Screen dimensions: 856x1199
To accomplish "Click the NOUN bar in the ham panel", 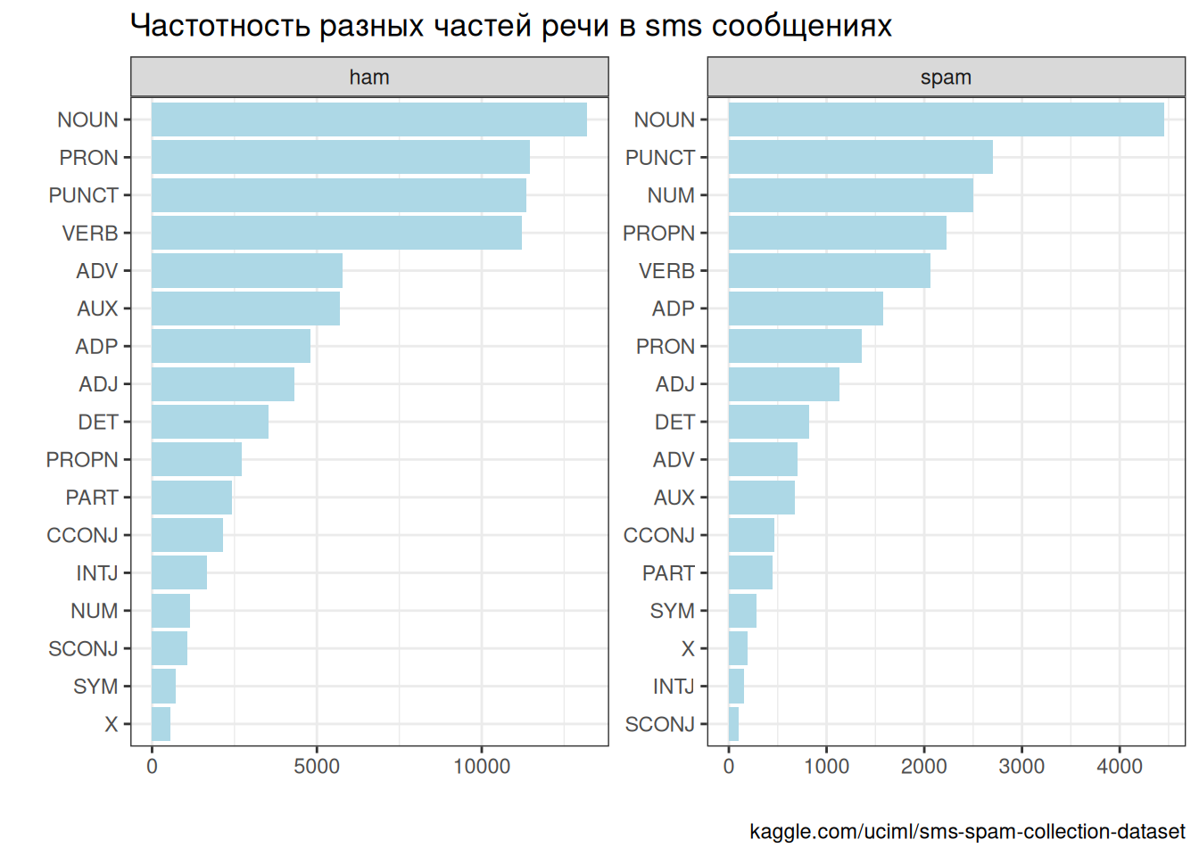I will pyautogui.click(x=368, y=119).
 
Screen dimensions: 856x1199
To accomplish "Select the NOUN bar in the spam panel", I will pyautogui.click(x=946, y=119).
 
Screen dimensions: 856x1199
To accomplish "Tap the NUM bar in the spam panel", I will pyautogui.click(x=850, y=195).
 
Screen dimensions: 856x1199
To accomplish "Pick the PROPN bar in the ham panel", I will pyautogui.click(x=196, y=459).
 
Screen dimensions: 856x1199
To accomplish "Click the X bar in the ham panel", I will pyautogui.click(x=161, y=724).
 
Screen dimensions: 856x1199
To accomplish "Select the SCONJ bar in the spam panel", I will pyautogui.click(x=733, y=724).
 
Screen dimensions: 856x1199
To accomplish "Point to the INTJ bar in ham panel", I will pyautogui.click(x=178, y=572).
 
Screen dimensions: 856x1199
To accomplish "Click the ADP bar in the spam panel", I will pyautogui.click(x=806, y=309).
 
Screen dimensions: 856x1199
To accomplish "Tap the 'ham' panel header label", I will pyautogui.click(x=369, y=78).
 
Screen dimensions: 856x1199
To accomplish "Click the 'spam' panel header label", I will pyautogui.click(x=946, y=78).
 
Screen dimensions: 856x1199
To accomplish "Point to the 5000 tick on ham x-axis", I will pyautogui.click(x=317, y=767).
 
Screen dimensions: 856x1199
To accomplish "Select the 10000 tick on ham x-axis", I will pyautogui.click(x=482, y=767).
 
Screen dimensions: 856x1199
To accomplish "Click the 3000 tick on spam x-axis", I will pyautogui.click(x=1021, y=767).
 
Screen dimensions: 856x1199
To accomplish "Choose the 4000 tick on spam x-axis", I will pyautogui.click(x=1120, y=767).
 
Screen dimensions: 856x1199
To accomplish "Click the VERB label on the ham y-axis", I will pyautogui.click(x=90, y=234).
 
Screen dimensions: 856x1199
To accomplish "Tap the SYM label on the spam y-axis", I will pyautogui.click(x=672, y=611).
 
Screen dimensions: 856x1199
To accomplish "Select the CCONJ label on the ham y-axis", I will pyautogui.click(x=82, y=535).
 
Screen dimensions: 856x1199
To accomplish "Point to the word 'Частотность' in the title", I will pyautogui.click(x=219, y=26).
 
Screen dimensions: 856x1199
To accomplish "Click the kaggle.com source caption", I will pyautogui.click(x=967, y=832).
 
